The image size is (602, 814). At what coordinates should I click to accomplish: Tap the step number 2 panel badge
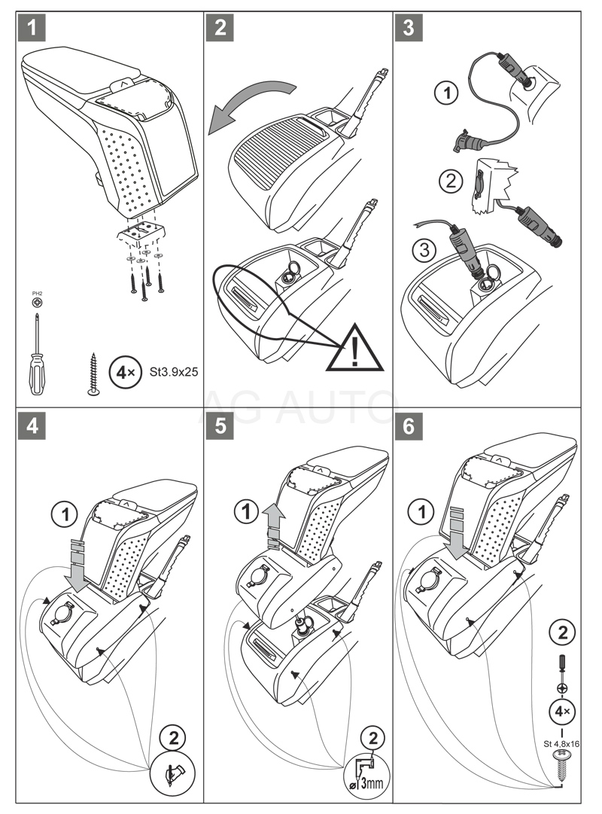(220, 29)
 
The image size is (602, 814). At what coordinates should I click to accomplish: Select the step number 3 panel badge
(408, 29)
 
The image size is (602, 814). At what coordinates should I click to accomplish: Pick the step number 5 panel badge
(220, 425)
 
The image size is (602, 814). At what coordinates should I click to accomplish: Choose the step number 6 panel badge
(408, 425)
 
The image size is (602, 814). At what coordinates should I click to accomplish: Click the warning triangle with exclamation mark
(354, 347)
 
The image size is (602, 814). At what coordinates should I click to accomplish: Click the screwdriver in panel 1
(34, 354)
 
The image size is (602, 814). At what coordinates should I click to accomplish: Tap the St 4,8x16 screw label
(562, 743)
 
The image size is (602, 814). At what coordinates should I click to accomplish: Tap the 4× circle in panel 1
(121, 372)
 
